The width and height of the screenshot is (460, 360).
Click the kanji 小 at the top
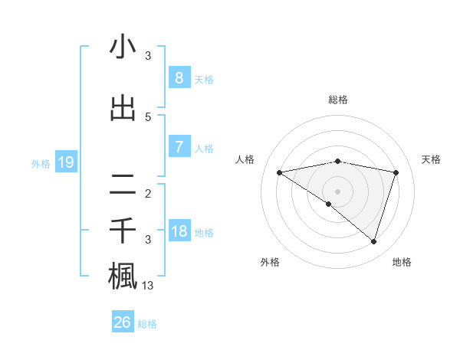[123, 47]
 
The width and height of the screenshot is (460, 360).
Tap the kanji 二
[123, 184]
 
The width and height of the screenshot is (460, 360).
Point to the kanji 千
[123, 230]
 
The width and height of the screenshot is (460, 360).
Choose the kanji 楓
[123, 276]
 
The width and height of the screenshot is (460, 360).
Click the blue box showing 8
[179, 77]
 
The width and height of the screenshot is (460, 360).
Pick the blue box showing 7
[179, 147]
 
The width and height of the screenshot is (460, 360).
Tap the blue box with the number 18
[179, 231]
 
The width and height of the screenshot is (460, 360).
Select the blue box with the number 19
[65, 162]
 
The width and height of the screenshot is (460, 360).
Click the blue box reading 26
[122, 322]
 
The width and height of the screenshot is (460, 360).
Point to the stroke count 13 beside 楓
[149, 286]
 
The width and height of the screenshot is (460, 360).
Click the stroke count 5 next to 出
[148, 117]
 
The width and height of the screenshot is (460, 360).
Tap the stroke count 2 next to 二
[148, 194]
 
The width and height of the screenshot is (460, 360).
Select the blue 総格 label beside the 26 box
[147, 324]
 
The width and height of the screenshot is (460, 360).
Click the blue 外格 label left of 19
[40, 163]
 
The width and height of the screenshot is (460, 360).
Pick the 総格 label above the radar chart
[337, 100]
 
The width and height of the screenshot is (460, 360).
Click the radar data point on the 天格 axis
[396, 172]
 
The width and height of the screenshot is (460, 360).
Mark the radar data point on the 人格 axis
[279, 172]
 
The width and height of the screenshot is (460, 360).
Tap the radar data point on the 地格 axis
[373, 241]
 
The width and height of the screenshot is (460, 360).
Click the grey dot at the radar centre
[337, 191]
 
